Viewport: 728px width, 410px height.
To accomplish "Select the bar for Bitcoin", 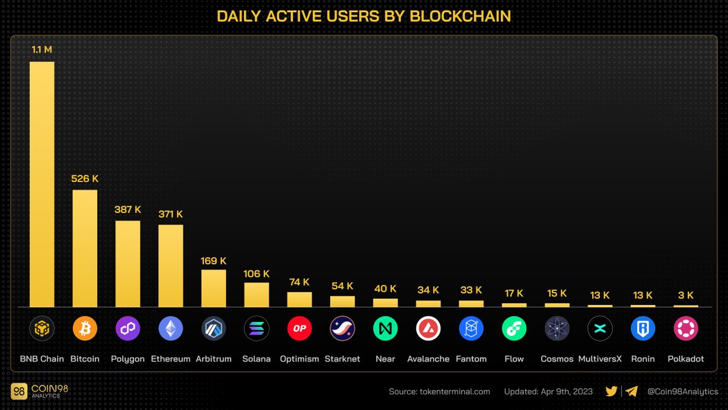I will (85, 248).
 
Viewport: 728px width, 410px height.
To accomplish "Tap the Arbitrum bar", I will (214, 289).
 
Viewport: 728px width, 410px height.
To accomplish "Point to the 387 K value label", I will (128, 210).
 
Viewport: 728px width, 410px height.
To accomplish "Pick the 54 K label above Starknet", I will (342, 285).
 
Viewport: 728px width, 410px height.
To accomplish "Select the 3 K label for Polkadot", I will (686, 295).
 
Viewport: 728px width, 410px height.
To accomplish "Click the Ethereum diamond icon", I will (170, 329).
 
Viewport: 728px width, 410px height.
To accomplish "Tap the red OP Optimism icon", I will (299, 329).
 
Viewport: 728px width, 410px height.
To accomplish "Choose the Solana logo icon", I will (256, 329).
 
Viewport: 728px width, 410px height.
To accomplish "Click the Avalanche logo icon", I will (428, 329).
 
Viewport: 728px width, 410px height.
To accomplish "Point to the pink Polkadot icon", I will (686, 329).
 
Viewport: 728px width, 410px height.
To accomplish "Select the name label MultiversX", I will (600, 359).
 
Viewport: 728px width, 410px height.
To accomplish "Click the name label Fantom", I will (471, 359).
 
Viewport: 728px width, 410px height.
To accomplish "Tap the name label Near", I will (385, 359).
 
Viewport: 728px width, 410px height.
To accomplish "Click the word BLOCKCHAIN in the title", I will (460, 16).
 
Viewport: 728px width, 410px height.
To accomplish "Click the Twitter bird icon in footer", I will (612, 392).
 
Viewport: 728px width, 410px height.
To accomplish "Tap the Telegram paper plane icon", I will (632, 392).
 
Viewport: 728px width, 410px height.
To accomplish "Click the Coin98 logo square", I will (19, 392).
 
